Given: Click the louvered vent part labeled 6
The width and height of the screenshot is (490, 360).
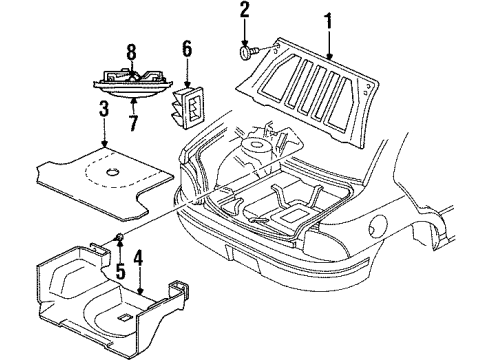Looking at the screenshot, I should coord(192,106).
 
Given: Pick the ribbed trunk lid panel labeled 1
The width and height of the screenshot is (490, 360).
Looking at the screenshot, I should coord(320,88).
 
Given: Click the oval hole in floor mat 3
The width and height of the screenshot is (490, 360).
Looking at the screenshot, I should coord(113,175).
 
